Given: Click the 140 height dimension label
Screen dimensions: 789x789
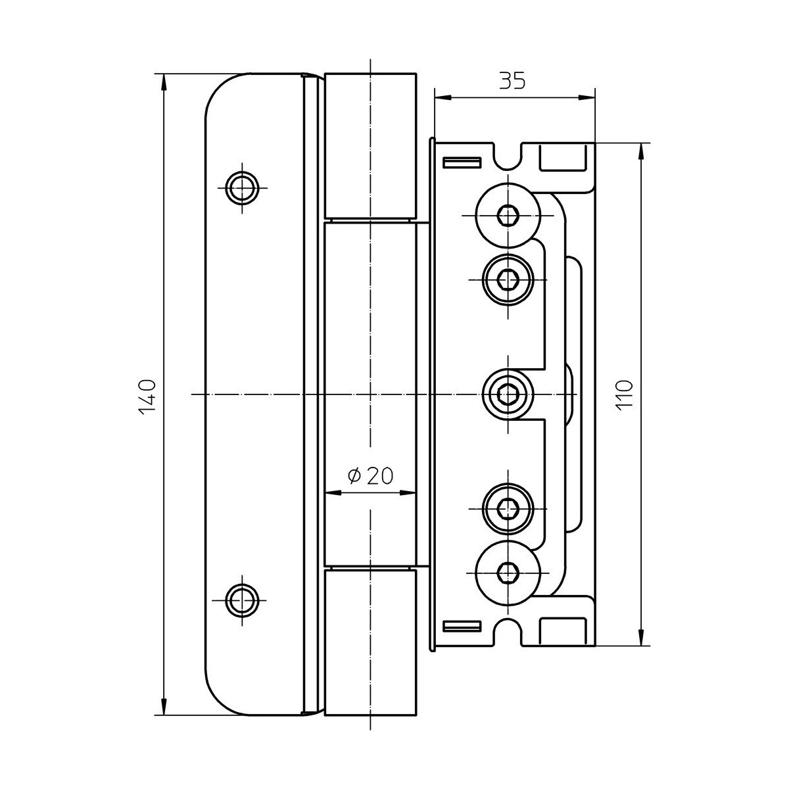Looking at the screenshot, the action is [147, 397].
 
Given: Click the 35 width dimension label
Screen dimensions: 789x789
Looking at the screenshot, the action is [512, 81].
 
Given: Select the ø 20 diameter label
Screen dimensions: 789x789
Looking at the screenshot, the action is [370, 476].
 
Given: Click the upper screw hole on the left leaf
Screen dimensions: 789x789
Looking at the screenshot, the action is [243, 188].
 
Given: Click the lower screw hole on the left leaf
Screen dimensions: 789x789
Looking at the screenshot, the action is [243, 600].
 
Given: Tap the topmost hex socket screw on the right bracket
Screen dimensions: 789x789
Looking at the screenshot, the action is [508, 214].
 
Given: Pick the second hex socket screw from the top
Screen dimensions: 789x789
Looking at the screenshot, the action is [508, 280].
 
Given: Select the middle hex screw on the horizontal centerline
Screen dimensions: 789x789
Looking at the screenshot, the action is [508, 394].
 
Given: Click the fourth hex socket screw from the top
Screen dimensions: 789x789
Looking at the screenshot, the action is [508, 509].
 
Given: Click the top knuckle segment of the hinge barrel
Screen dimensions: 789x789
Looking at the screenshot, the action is [371, 147].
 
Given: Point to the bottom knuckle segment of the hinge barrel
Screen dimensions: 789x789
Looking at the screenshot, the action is [371, 642].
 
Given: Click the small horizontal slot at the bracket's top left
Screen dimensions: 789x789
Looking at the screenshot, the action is [462, 162].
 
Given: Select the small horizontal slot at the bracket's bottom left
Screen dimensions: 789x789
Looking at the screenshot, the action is [462, 627].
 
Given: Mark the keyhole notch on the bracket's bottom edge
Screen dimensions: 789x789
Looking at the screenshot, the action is [508, 632].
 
